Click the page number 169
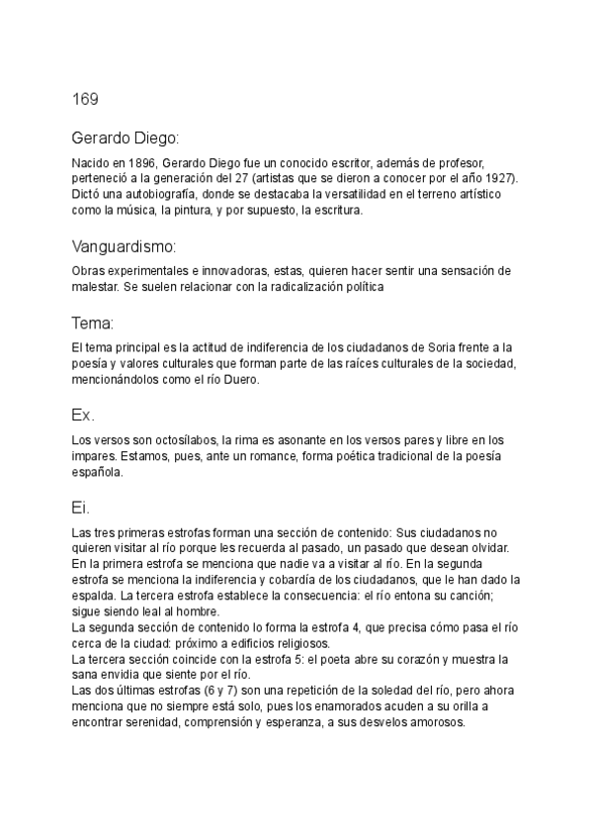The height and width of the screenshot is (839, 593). click(84, 99)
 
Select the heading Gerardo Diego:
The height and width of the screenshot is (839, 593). click(124, 138)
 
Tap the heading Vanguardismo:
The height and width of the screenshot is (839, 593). click(124, 245)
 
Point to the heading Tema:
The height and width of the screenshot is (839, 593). click(93, 324)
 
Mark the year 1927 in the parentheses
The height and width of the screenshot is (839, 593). click(499, 178)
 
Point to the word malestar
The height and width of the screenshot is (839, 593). click(96, 287)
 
